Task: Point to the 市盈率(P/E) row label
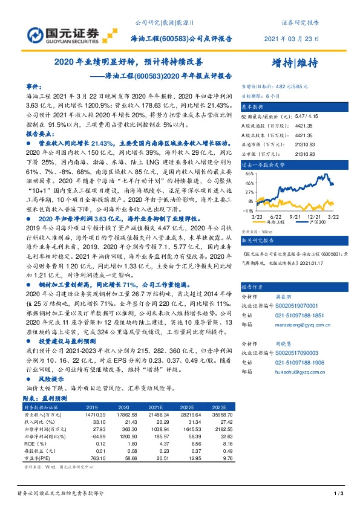point(38,458)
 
